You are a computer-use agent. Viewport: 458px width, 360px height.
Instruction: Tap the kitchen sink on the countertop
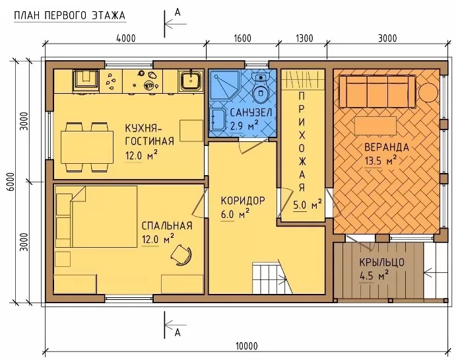pyautogui.click(x=191, y=80)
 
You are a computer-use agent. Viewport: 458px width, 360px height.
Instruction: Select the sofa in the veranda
pyautogui.click(x=377, y=92)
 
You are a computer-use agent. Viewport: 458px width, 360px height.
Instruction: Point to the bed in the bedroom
pyautogui.click(x=96, y=216)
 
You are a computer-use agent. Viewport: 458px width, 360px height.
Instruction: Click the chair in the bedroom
pyautogui.click(x=181, y=254)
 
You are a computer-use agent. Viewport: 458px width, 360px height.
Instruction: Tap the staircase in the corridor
pyautogui.click(x=273, y=277)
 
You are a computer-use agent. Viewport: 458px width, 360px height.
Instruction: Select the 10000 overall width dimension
pyautogui.click(x=247, y=346)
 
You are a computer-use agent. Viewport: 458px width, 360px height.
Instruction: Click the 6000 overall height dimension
pyautogui.click(x=11, y=182)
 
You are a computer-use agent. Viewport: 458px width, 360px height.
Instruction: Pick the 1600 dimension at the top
pyautogui.click(x=242, y=38)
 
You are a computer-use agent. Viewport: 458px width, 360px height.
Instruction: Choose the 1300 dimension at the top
pyautogui.click(x=304, y=38)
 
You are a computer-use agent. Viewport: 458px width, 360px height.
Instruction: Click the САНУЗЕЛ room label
pyautogui.click(x=251, y=112)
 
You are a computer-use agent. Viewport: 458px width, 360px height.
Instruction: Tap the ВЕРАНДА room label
pyautogui.click(x=387, y=147)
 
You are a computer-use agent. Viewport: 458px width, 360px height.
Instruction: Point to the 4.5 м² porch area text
pyautogui.click(x=374, y=275)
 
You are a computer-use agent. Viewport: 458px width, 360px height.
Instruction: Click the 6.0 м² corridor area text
pyautogui.click(x=235, y=215)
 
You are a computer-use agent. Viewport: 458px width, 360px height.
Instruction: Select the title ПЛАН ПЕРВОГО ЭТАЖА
pyautogui.click(x=69, y=15)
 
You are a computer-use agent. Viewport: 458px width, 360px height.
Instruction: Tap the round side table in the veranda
pyautogui.click(x=428, y=92)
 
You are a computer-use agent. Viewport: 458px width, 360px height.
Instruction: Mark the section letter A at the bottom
pyautogui.click(x=178, y=333)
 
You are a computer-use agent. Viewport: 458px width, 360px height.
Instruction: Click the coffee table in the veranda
pyautogui.click(x=376, y=126)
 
